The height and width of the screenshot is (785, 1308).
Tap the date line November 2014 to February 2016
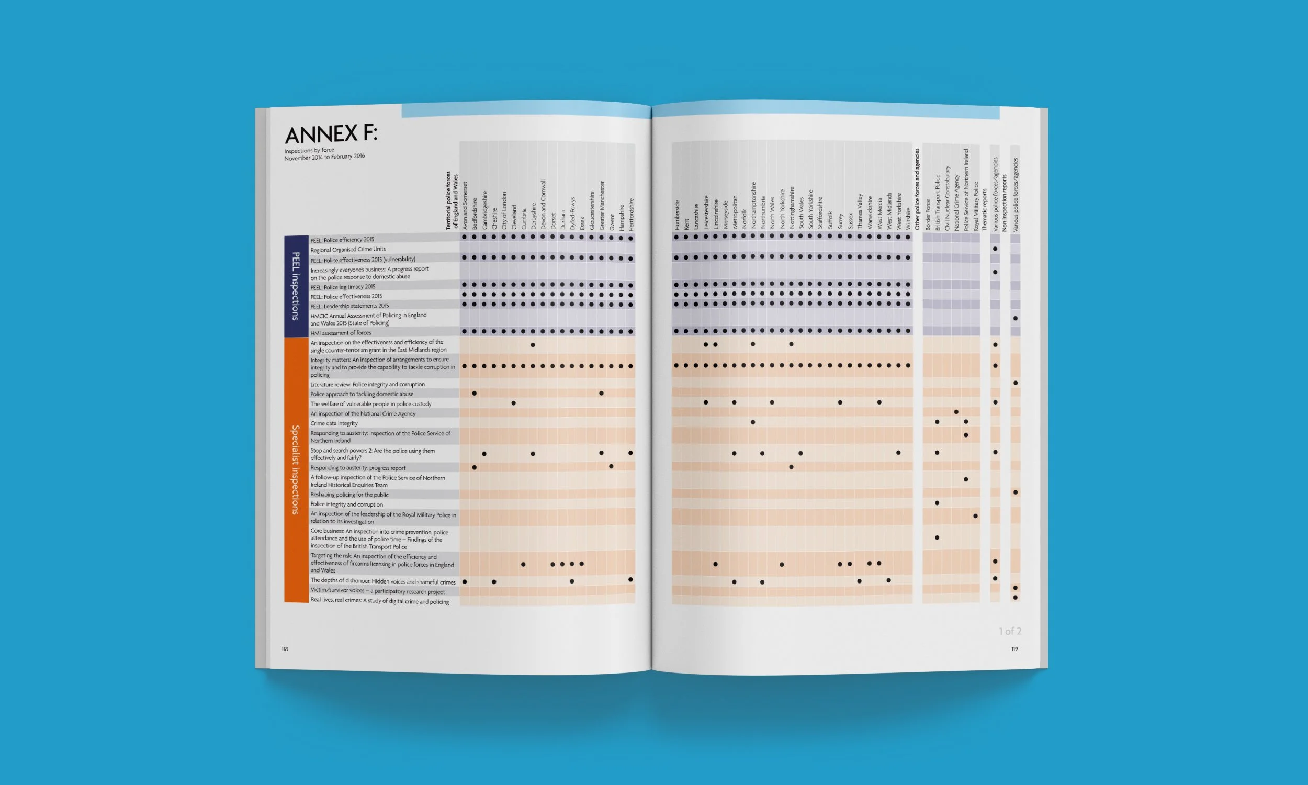click(324, 157)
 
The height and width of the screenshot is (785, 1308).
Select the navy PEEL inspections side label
click(296, 286)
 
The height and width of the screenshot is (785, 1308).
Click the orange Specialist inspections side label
click(296, 469)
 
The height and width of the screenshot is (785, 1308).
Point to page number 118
click(285, 649)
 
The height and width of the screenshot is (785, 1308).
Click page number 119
click(1014, 649)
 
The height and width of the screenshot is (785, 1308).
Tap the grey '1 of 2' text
click(1010, 631)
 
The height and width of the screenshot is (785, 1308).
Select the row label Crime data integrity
click(334, 423)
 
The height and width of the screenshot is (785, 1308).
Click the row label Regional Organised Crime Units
click(348, 249)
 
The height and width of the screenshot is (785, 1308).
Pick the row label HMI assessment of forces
click(341, 333)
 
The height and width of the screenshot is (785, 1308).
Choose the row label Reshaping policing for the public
click(349, 495)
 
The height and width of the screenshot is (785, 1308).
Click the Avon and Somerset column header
click(465, 206)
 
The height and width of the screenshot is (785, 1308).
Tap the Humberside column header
click(676, 214)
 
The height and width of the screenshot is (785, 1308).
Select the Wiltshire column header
click(908, 218)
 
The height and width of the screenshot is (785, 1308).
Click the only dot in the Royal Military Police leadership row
click(975, 516)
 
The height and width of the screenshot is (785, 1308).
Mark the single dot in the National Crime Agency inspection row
click(956, 412)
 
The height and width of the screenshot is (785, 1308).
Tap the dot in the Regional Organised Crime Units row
click(995, 249)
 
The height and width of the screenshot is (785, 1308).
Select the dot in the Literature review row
click(1015, 383)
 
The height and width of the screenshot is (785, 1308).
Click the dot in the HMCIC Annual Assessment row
click(1015, 318)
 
